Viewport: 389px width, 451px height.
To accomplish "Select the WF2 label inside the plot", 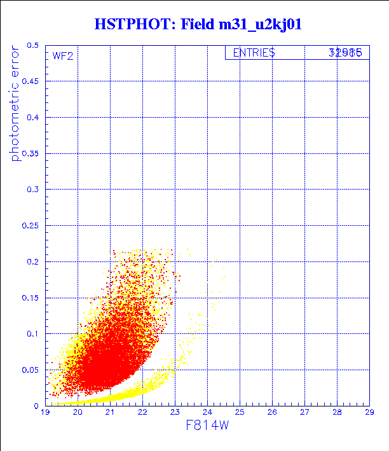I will (62, 56).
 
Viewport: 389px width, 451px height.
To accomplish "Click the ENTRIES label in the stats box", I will (254, 53).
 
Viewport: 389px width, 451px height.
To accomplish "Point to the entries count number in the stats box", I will (345, 53).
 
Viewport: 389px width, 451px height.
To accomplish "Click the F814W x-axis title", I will (207, 426).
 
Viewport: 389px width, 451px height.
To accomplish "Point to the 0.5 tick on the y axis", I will (33, 46).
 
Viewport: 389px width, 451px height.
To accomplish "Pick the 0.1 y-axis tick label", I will (33, 333).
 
